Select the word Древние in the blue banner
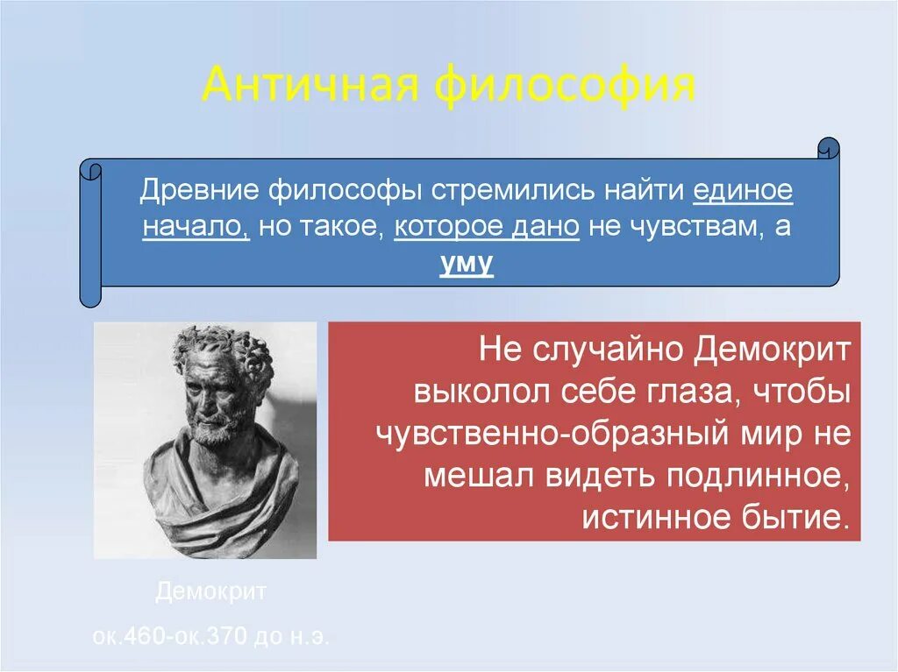click(200, 191)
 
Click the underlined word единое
click(743, 191)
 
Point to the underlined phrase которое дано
click(487, 228)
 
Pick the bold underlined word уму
click(467, 264)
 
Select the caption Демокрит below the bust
click(210, 592)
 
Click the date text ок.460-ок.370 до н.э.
click(210, 636)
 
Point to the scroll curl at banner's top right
click(827, 148)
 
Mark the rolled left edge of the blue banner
click(90, 232)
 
